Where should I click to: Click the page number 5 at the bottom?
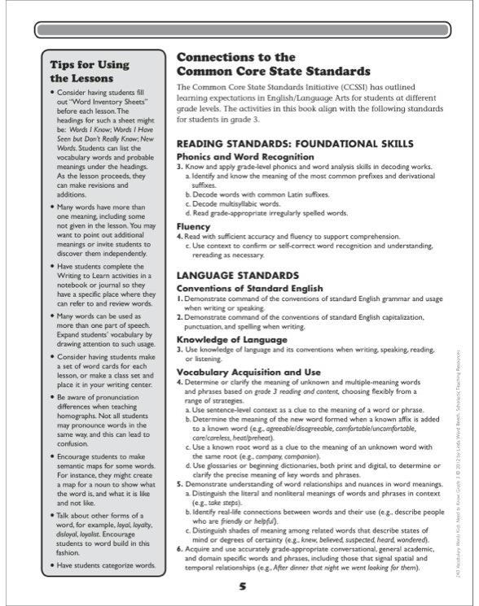click(242, 586)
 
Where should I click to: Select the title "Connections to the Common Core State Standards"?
click(273, 64)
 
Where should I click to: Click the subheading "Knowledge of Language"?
click(231, 339)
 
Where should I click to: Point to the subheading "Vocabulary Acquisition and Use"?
click(248, 372)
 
